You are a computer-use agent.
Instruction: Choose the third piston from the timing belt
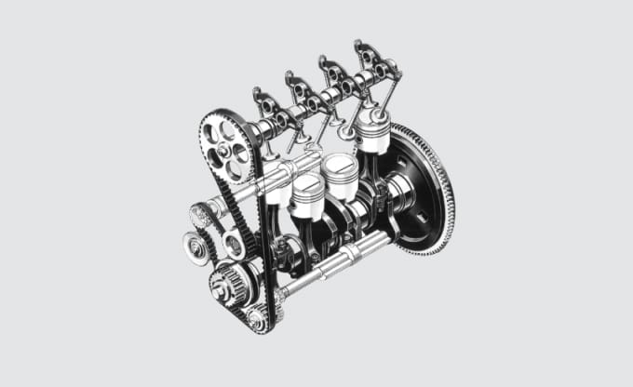(340, 172)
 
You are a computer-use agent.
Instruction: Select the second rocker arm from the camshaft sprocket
(300, 89)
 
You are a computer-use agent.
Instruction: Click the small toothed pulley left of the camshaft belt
(201, 216)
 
